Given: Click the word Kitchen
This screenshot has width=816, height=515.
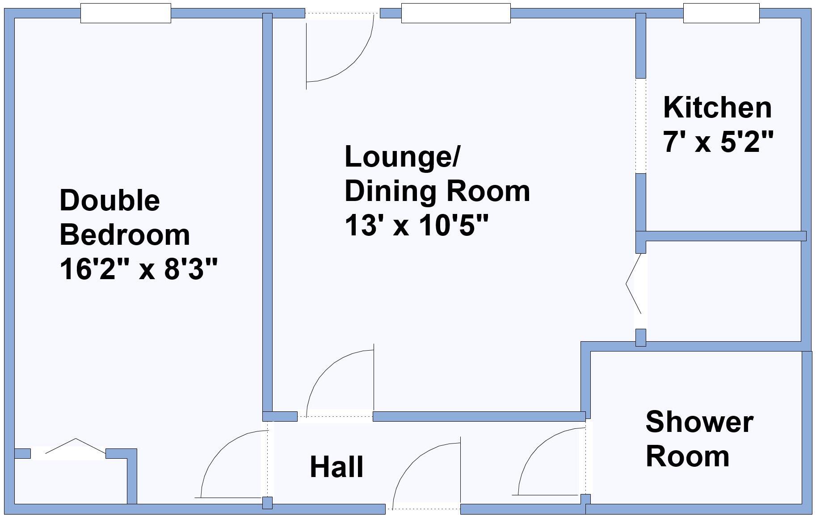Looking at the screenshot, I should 717,108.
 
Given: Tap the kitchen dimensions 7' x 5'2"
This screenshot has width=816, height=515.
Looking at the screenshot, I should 718,142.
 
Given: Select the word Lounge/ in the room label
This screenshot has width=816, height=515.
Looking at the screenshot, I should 402,157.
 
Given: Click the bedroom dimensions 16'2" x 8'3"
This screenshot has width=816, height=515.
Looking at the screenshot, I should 139,269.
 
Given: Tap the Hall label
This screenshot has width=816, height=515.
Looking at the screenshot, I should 336,467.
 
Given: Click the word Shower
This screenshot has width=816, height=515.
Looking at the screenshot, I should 699,422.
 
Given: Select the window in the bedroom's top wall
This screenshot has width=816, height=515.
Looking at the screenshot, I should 126,13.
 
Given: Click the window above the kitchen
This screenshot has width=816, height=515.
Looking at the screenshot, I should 721,13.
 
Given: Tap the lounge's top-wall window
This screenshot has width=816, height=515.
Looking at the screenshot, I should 455,13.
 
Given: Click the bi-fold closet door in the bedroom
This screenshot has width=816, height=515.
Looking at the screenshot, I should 76,448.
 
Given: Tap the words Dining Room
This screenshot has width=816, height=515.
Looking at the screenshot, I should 437,191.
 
